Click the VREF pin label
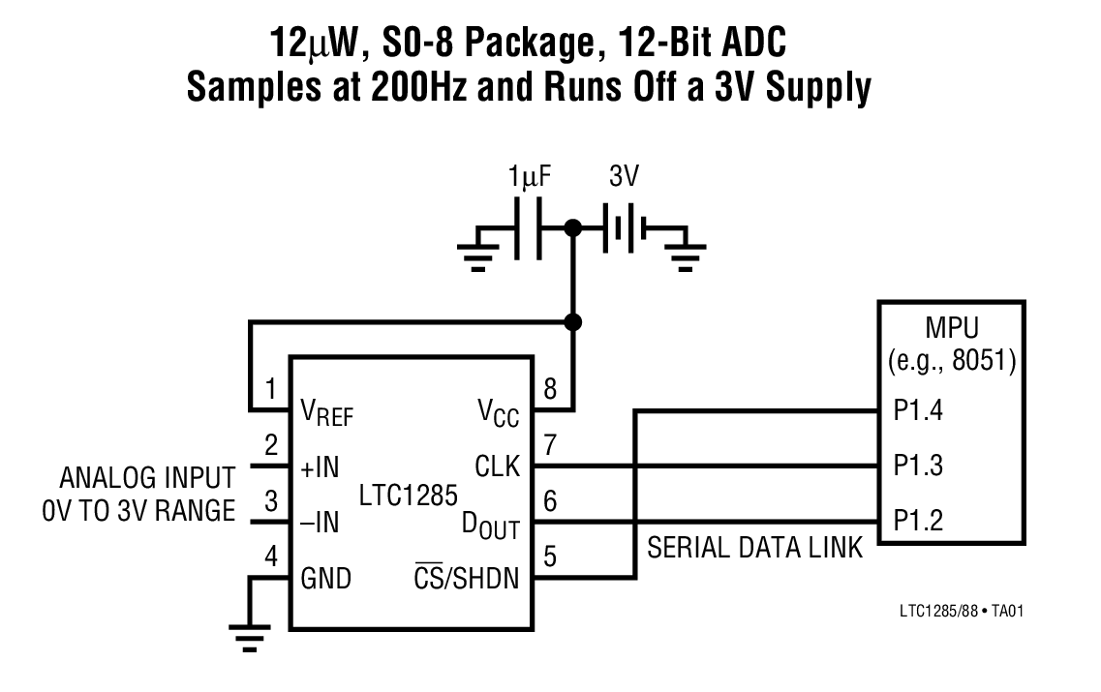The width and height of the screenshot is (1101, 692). click(327, 413)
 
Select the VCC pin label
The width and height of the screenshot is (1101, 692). click(498, 413)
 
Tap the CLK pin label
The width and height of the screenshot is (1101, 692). click(497, 467)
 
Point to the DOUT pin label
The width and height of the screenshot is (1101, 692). click(490, 526)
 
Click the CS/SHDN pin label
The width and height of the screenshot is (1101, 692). click(467, 579)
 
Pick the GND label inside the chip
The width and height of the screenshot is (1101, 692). click(326, 579)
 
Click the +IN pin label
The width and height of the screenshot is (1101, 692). click(320, 468)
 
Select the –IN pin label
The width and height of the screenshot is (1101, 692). click(320, 524)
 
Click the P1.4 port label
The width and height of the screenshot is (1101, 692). click(919, 411)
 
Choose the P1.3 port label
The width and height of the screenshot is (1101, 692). click(919, 466)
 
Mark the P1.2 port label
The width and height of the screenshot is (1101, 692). click(919, 523)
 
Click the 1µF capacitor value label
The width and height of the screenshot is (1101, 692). click(530, 178)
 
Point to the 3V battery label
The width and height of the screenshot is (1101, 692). click(624, 178)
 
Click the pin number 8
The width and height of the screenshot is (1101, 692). click(551, 389)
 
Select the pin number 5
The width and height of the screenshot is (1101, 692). click(551, 557)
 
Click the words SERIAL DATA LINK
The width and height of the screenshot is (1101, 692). click(754, 549)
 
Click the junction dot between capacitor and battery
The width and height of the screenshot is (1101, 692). click(573, 228)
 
